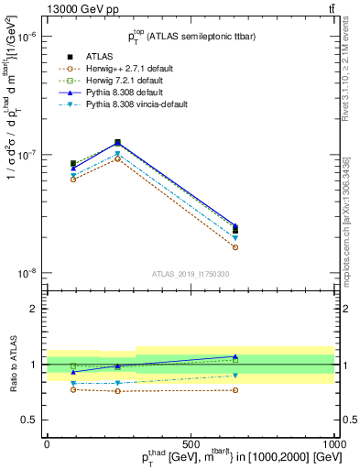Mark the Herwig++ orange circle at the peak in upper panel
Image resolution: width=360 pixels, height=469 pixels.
(117, 158)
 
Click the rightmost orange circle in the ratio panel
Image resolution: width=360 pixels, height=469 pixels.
(235, 390)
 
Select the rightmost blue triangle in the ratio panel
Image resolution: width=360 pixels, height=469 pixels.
(235, 356)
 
